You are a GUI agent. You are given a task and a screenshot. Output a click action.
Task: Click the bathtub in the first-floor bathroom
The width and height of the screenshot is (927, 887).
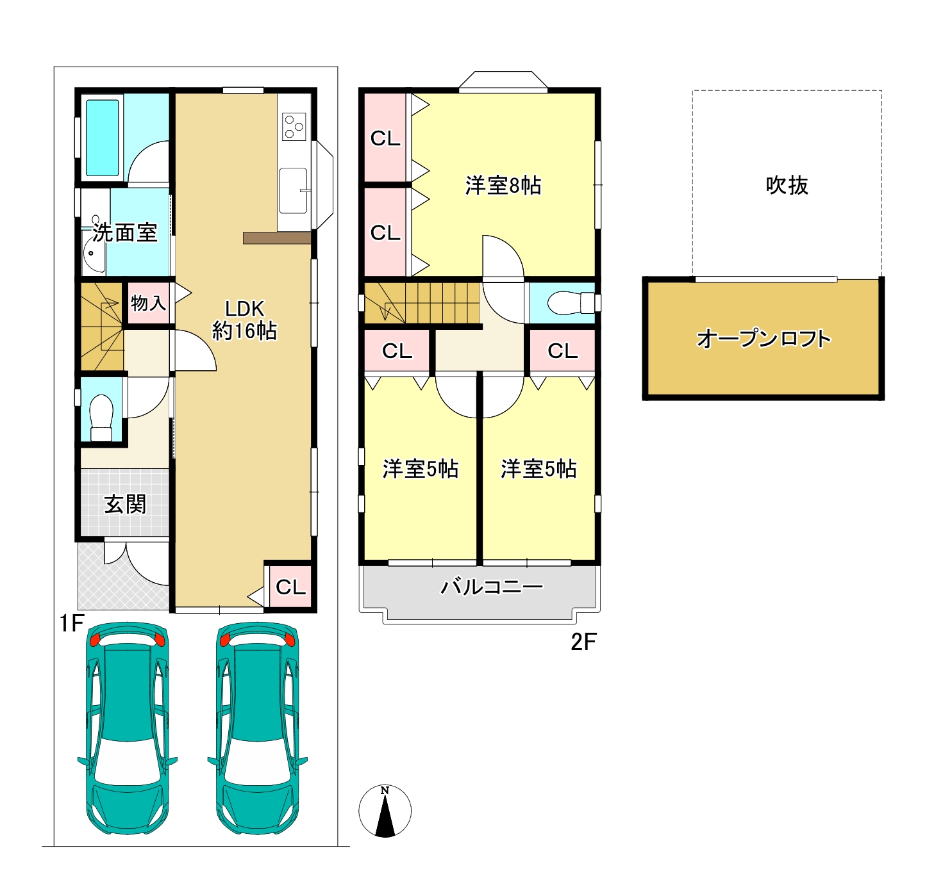102,138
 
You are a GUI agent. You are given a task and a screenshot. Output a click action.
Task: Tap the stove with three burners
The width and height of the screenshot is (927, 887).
294,127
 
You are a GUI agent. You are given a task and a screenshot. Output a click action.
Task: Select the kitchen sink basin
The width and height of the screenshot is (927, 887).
293,190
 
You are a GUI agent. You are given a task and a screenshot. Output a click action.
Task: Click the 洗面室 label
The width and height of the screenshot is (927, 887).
124,232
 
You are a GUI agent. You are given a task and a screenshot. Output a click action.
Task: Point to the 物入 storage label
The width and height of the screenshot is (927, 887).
148,303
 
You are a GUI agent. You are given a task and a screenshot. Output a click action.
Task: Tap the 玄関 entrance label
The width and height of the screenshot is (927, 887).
125,504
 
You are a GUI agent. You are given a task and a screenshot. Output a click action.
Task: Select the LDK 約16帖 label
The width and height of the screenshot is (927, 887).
244,320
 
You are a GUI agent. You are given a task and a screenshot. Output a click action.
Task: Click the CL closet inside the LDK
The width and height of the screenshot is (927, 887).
290,587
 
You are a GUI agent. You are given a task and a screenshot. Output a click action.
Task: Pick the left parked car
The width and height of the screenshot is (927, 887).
127,728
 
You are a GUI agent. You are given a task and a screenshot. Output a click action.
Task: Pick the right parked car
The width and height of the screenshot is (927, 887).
257,728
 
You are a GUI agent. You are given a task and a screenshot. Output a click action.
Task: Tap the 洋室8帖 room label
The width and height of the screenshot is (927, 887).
503,185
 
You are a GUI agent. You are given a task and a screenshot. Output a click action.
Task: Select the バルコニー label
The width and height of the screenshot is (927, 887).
491,587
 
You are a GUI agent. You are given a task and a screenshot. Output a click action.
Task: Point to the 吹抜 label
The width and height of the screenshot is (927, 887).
787,185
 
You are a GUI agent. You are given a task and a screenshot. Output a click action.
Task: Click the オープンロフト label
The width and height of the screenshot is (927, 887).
764,339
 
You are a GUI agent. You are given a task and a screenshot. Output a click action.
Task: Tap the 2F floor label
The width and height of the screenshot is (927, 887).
583,642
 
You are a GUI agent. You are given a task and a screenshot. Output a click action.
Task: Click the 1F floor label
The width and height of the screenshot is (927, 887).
71,623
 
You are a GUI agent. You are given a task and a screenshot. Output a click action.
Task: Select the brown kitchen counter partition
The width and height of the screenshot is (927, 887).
277,238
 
